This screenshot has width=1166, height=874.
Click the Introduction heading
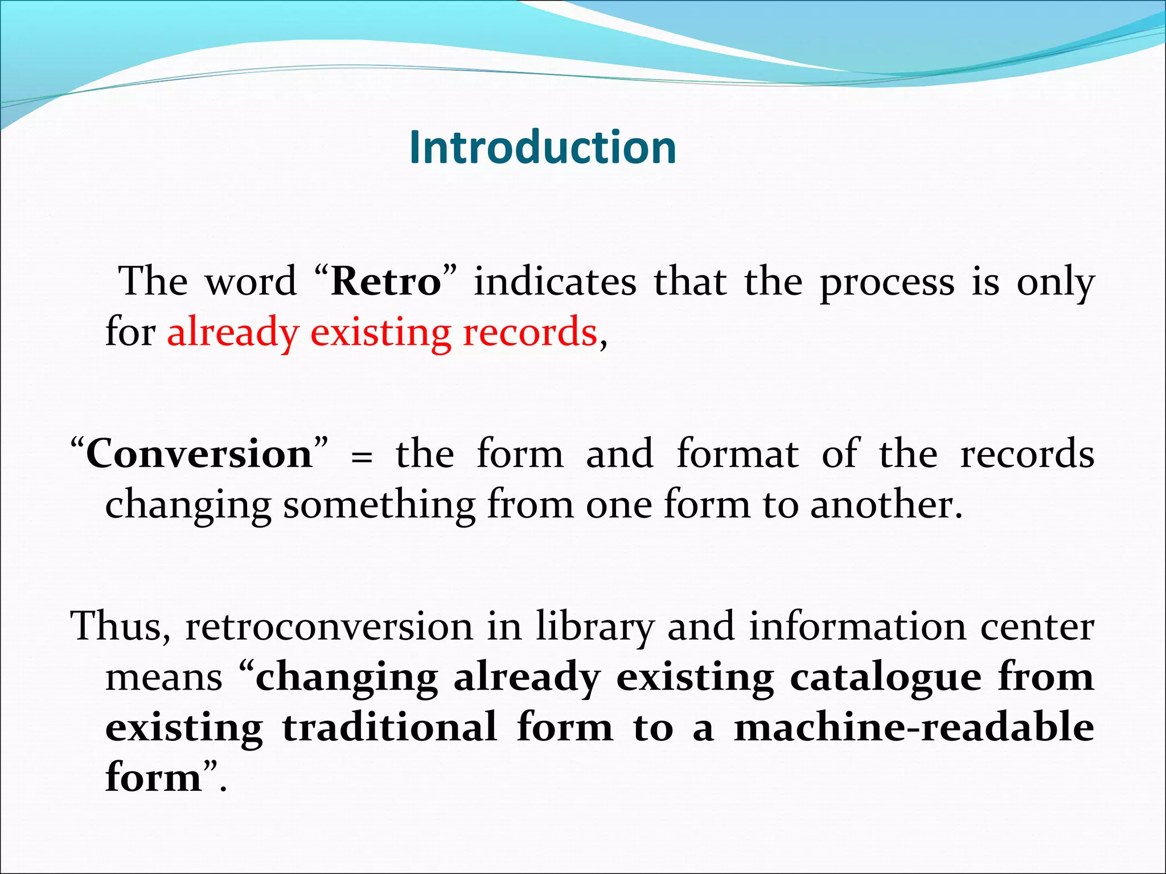tap(543, 148)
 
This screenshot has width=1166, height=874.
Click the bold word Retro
tap(386, 282)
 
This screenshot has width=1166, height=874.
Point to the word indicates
tap(555, 282)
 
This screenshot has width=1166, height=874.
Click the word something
tap(379, 505)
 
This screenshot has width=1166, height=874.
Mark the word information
tap(857, 626)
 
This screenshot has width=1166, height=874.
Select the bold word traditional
tap(389, 728)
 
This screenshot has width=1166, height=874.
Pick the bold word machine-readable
tap(913, 728)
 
